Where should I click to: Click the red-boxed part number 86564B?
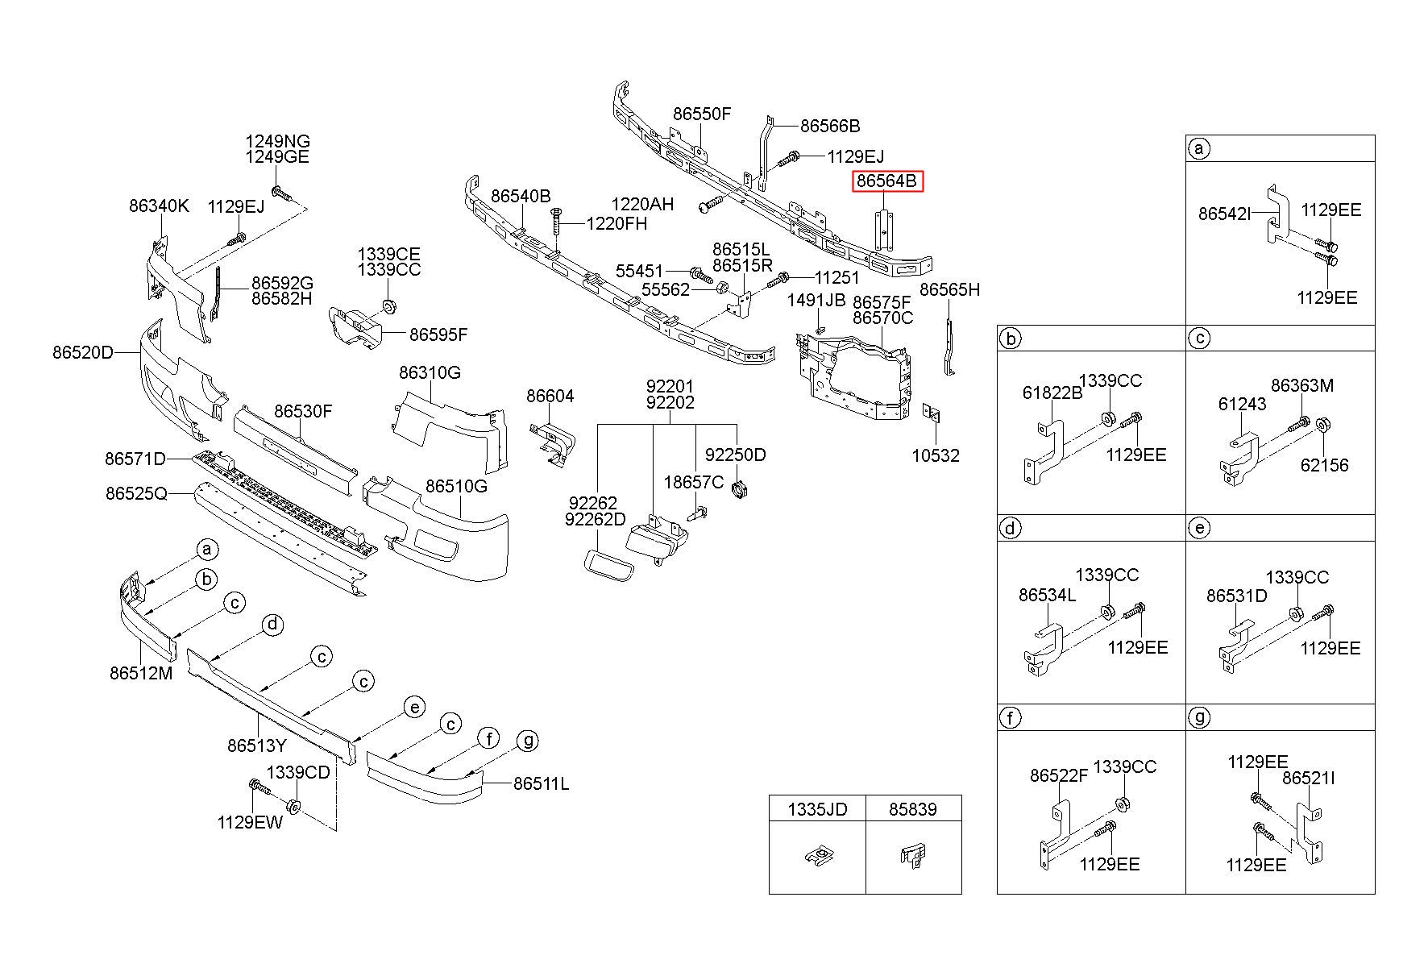click(886, 181)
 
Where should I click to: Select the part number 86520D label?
click(83, 352)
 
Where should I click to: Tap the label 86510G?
click(456, 486)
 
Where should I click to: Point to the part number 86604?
click(550, 396)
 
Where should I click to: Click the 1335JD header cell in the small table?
click(817, 808)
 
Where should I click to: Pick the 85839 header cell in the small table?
click(913, 808)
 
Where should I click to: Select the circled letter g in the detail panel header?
click(1199, 717)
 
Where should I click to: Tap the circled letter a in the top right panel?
click(1199, 148)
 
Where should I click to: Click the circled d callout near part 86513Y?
click(273, 624)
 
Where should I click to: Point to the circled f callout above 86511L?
click(488, 737)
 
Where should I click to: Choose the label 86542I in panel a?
click(1225, 214)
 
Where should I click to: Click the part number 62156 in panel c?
click(1324, 465)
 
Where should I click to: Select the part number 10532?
click(936, 455)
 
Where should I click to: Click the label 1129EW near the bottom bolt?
click(250, 822)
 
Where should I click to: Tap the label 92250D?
click(735, 455)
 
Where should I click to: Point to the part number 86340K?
click(159, 206)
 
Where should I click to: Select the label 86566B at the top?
click(830, 126)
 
